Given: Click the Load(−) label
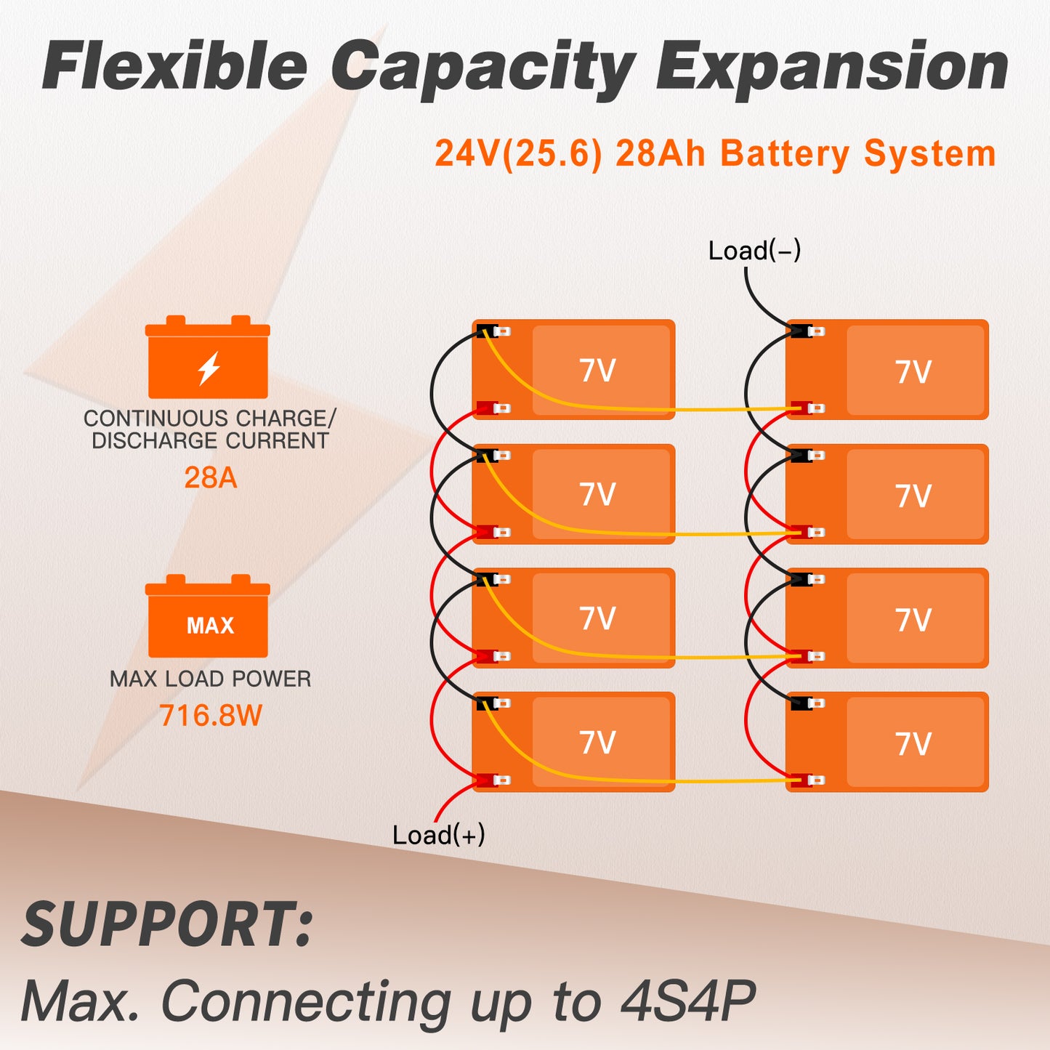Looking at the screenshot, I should [x=754, y=251].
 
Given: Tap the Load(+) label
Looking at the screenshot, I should [x=438, y=835].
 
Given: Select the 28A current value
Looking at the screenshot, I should [x=210, y=477].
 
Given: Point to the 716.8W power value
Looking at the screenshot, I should [x=210, y=715].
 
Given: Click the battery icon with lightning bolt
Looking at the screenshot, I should [x=208, y=358].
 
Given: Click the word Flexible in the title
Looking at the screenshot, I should [x=175, y=67].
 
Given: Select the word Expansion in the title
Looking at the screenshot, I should [x=832, y=67].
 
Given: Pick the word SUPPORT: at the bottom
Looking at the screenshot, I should [x=167, y=924].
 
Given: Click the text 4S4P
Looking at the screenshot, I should [x=687, y=1001].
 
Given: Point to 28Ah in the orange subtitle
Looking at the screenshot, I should [x=660, y=154].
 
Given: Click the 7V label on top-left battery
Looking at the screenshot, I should [x=597, y=371].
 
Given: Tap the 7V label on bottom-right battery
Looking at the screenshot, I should [x=913, y=744].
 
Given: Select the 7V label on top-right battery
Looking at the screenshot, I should [x=913, y=372].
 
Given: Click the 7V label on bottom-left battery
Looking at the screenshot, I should [x=597, y=743].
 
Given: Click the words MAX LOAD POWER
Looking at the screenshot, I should [x=210, y=679].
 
